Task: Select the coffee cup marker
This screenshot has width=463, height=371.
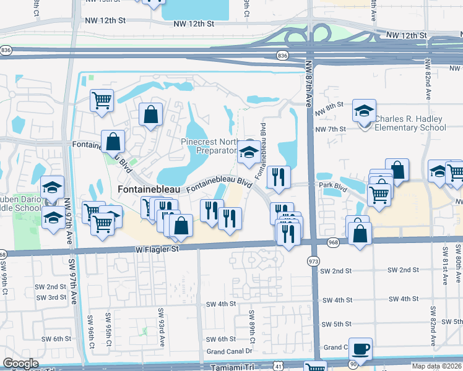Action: [360, 348]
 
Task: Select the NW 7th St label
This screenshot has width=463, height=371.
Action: [329, 129]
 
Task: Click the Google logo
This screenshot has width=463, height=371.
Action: [21, 363]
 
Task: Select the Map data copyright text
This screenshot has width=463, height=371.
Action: [437, 366]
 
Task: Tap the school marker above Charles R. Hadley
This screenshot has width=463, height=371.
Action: [365, 111]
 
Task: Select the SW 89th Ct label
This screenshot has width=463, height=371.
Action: [253, 327]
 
